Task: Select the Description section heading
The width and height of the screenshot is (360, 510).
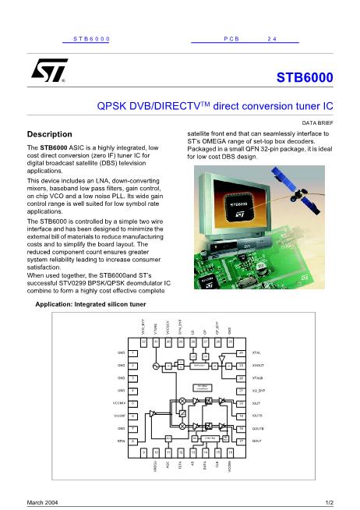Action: (50, 133)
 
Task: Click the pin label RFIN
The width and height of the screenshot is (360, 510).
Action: (122, 441)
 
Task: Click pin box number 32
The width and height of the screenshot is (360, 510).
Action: (143, 341)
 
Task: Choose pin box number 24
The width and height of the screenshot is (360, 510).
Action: (241, 353)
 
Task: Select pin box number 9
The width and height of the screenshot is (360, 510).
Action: (143, 452)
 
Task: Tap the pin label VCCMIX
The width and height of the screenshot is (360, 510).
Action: (119, 403)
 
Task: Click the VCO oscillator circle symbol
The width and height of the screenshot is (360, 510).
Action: (155, 366)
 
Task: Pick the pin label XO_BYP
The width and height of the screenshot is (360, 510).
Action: (259, 391)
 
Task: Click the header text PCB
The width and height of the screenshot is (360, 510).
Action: (231, 37)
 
